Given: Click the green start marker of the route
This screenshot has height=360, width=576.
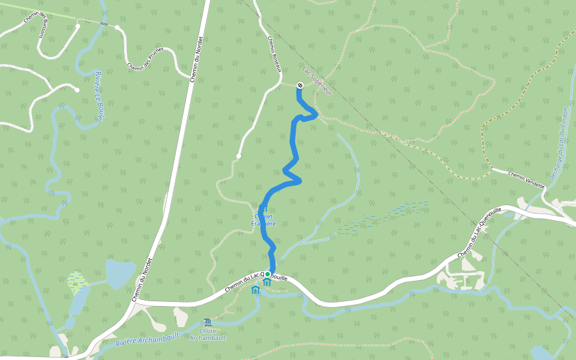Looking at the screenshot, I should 268,274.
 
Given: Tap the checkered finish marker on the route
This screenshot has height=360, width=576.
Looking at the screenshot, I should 299,85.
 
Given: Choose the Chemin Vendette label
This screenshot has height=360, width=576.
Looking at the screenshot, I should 526,180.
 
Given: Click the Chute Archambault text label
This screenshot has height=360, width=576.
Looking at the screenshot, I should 208,334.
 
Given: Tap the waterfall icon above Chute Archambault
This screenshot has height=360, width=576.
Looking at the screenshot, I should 208,323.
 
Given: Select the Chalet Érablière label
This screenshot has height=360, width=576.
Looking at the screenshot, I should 263,220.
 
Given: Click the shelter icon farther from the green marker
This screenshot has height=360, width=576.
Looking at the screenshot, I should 256,290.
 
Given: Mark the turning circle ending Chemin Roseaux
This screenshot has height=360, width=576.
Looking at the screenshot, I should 238,156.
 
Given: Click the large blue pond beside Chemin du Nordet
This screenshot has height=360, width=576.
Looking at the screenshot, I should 121,274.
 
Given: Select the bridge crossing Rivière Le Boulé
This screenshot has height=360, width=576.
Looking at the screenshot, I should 104,24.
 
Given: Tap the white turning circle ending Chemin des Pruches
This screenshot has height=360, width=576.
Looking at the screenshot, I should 118,28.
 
